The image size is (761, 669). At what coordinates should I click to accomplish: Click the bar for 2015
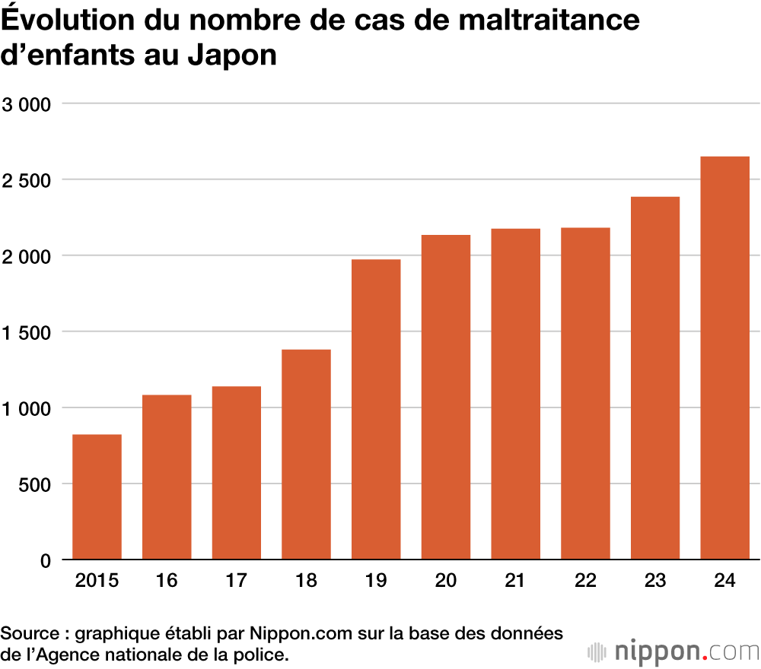[97, 497]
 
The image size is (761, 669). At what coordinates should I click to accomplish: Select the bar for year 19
[376, 410]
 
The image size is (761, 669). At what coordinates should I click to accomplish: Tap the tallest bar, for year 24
[724, 358]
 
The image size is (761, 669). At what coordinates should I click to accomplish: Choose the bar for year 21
[515, 395]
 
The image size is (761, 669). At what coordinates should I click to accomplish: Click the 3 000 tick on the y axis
[25, 104]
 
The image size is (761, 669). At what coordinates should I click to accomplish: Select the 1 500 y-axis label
[25, 332]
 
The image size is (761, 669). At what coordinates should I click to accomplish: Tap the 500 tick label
[34, 484]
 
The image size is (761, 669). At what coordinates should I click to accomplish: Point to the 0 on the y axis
[45, 561]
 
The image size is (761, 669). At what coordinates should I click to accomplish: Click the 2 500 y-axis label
[25, 180]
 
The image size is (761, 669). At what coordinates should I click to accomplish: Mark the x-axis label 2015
[97, 582]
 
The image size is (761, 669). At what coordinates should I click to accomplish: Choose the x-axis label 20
[446, 582]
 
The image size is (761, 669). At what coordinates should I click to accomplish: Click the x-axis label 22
[585, 582]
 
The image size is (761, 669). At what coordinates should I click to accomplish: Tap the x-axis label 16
[167, 582]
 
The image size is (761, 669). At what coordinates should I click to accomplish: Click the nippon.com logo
[674, 652]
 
